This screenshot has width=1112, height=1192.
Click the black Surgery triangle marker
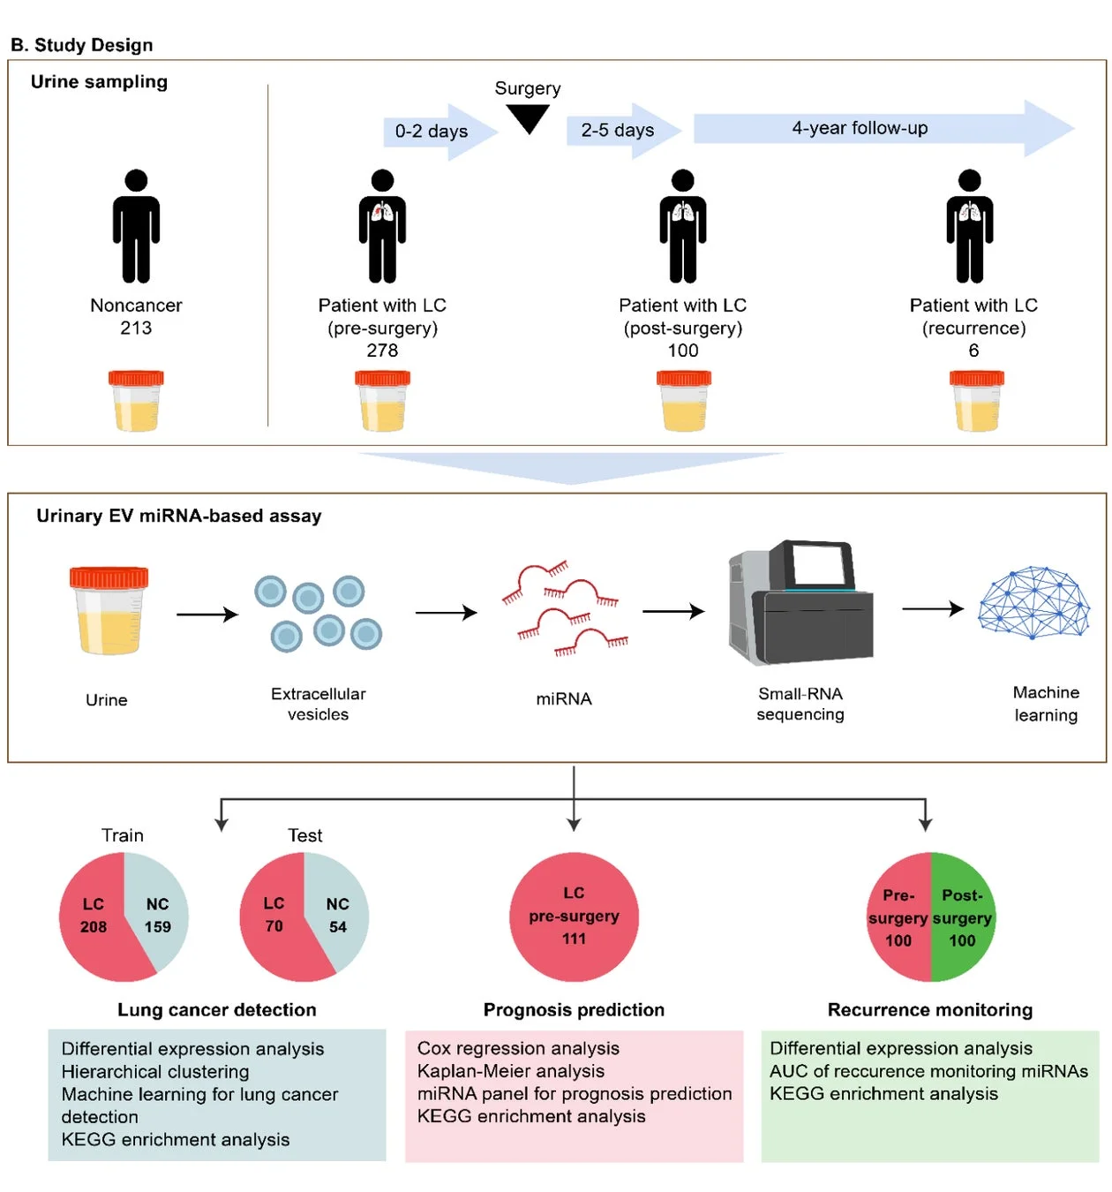click(528, 117)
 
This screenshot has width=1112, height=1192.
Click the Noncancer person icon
click(136, 226)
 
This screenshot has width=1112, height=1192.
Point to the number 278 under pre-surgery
click(382, 351)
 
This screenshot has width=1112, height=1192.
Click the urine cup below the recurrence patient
click(976, 401)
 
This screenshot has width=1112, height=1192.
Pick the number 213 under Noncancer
click(136, 328)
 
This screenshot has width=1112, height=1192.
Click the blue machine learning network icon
click(1034, 603)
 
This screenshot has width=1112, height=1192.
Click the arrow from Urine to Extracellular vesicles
click(207, 615)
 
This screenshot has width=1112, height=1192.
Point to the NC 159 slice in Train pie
click(158, 915)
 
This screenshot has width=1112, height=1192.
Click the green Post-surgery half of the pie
click(963, 917)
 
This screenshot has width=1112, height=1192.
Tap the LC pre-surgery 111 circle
click(574, 917)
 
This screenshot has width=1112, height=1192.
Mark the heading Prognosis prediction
click(574, 1010)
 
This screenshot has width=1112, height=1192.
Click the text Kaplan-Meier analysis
click(511, 1071)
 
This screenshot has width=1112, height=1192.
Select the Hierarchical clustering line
click(155, 1072)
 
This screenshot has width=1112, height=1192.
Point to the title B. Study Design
click(81, 45)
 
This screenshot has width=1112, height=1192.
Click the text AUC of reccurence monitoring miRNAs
click(928, 1071)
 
